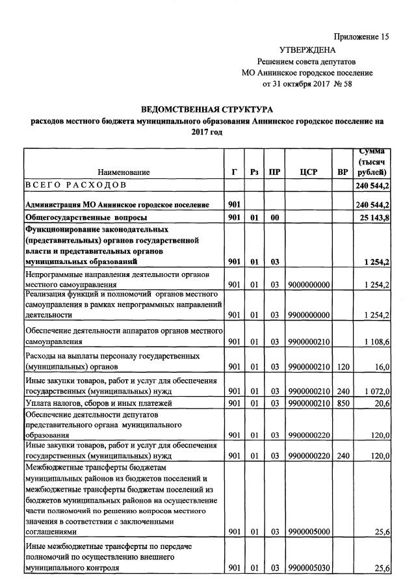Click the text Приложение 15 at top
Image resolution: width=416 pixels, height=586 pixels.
(x=361, y=37)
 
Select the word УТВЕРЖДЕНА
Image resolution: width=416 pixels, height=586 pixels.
(x=307, y=49)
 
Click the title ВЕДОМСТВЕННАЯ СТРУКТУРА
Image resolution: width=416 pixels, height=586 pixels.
(x=207, y=109)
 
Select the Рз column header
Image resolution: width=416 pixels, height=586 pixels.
(x=254, y=172)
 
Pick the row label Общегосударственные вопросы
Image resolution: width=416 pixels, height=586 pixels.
(x=86, y=217)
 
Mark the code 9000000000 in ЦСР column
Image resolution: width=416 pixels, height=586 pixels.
(x=309, y=284)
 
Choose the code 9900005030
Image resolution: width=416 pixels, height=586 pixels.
(x=309, y=568)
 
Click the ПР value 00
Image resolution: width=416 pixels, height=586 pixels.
(x=275, y=217)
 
